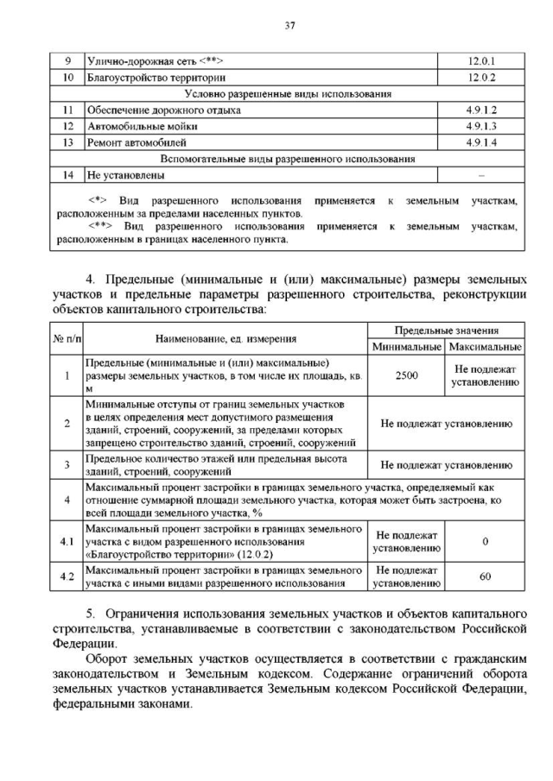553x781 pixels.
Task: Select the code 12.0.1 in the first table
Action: coord(480,61)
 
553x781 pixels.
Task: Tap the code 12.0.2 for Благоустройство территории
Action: coord(480,78)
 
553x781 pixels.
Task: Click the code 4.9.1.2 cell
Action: coord(480,110)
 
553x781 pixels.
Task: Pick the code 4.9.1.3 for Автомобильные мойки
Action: coord(480,126)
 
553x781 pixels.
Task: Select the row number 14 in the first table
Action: coord(68,175)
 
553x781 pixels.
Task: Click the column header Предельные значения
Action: coord(446,331)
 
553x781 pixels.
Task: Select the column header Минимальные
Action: coord(406,346)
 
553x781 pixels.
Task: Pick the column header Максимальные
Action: coord(485,346)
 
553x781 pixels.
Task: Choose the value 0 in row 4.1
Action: coord(485,540)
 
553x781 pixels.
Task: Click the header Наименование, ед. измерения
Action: coord(226,338)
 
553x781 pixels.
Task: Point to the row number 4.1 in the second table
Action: coord(67,540)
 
